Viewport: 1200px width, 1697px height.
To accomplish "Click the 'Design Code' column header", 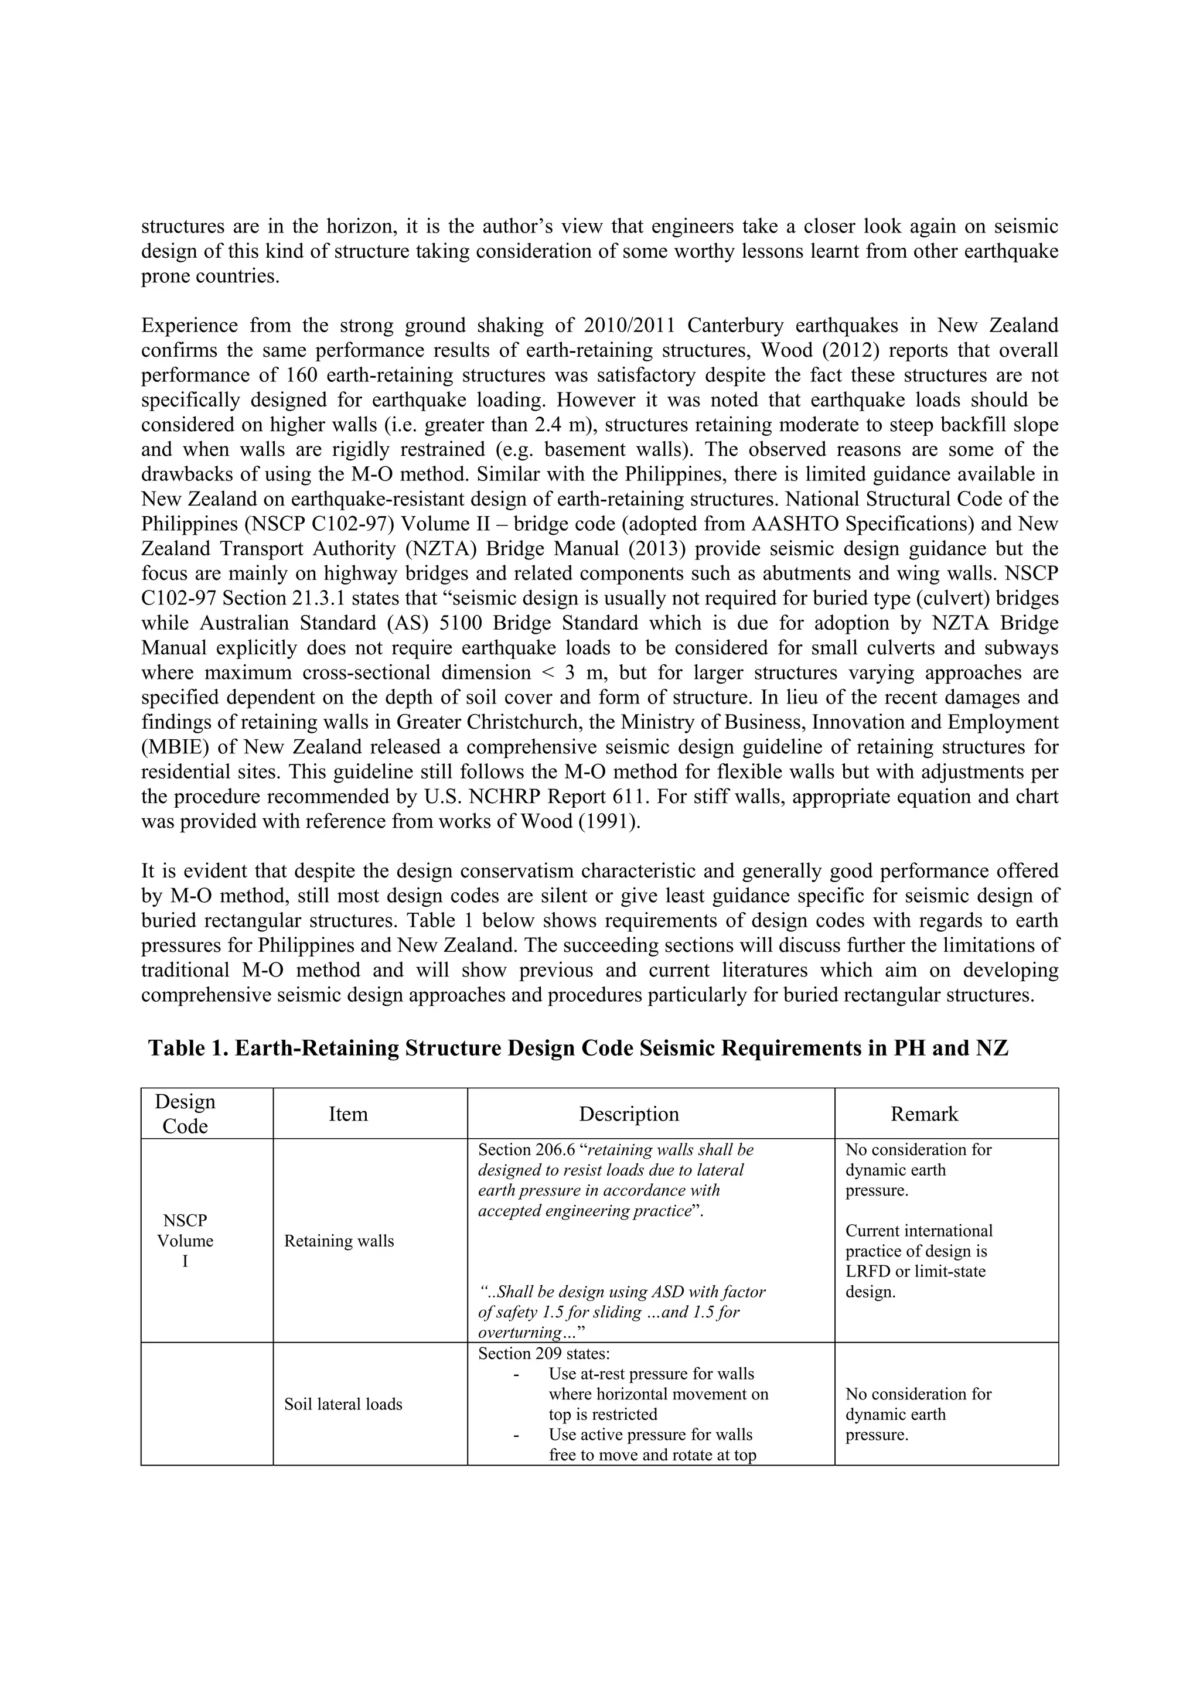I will point(185,1113).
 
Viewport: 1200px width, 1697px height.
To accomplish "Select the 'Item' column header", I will point(347,1114).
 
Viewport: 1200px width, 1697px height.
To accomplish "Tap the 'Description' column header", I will point(629,1114).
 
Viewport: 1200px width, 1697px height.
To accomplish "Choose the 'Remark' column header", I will point(923,1114).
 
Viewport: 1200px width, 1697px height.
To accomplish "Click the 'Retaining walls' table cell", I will point(339,1241).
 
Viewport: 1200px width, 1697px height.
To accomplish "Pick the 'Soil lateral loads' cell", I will point(343,1404).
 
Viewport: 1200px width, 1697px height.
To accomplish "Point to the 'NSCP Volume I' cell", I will point(185,1241).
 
